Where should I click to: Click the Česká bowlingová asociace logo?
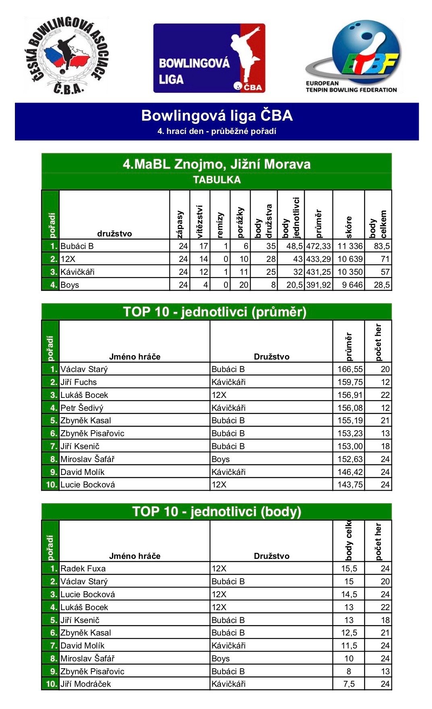pos(66,56)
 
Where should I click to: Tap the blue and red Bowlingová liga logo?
pos(209,58)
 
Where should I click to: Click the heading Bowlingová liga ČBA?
pos(217,116)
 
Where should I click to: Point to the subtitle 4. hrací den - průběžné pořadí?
pos(217,131)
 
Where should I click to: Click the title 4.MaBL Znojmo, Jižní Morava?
pos(217,164)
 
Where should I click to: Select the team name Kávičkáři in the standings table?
pos(77,272)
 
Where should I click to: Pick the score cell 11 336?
pos(350,246)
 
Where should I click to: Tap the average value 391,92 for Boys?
pos(318,285)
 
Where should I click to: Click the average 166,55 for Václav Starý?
pos(350,369)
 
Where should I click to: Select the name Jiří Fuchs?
pos(79,382)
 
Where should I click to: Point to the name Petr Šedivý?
pos(82,408)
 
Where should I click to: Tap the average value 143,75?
pos(350,485)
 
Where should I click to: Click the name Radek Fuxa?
pos(83,569)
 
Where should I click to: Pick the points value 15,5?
pos(349,569)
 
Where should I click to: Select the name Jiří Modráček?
pos(85,684)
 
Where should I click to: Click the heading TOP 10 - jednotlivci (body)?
pos(217,512)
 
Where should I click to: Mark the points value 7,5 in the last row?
pos(349,684)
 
